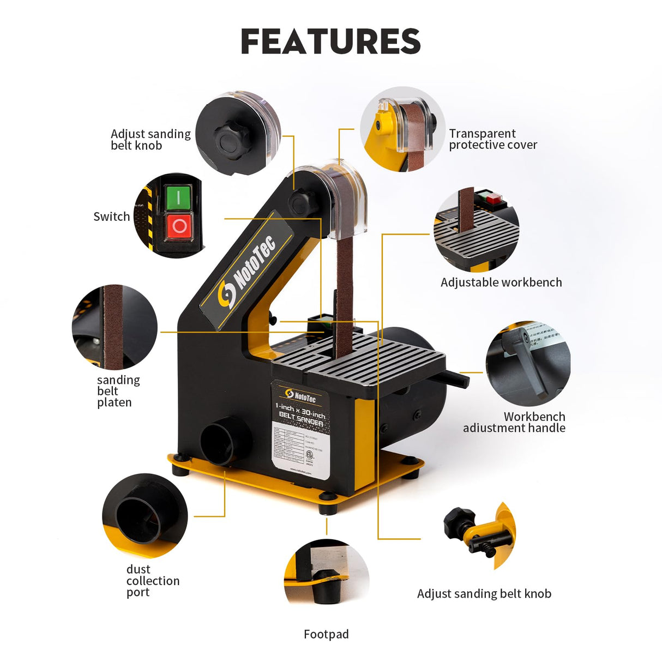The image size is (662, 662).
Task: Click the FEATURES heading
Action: (x=330, y=41)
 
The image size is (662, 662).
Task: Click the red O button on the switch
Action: (x=179, y=226)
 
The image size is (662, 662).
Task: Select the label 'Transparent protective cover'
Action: (x=492, y=139)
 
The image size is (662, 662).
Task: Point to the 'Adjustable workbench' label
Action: (x=501, y=282)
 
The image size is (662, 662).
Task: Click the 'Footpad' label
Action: (x=326, y=634)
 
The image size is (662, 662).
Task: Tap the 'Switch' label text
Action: (x=112, y=216)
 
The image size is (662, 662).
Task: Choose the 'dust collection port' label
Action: (x=152, y=581)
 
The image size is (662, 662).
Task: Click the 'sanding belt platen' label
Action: (x=118, y=391)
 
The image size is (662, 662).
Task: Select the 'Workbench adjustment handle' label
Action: (x=514, y=422)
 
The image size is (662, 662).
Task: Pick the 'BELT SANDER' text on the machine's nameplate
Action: (x=301, y=419)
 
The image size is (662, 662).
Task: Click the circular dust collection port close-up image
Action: (x=145, y=515)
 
